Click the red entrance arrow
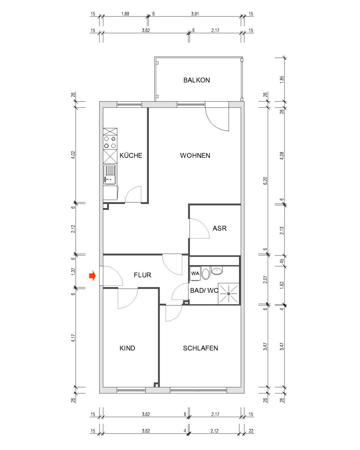pyautogui.click(x=92, y=276)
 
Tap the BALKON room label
pyautogui.click(x=197, y=80)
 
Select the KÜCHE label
pyautogui.click(x=131, y=155)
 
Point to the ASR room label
pyautogui.click(x=220, y=228)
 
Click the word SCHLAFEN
pyautogui.click(x=200, y=348)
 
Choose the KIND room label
pyautogui.click(x=127, y=348)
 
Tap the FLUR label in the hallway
pyautogui.click(x=142, y=275)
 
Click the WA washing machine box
pyautogui.click(x=195, y=273)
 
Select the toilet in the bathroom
pyautogui.click(x=205, y=274)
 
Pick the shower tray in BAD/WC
pyautogui.click(x=229, y=294)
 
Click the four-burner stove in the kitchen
pyautogui.click(x=110, y=142)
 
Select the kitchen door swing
pyautogui.click(x=134, y=194)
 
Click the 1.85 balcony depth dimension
pyautogui.click(x=282, y=79)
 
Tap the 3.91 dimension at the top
pyautogui.click(x=195, y=14)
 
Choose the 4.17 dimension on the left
pyautogui.click(x=73, y=338)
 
